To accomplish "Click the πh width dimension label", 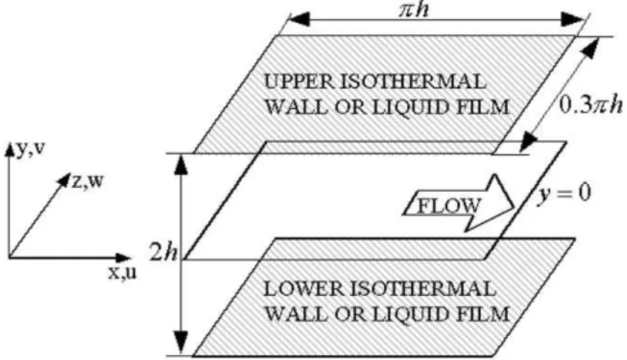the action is click(x=414, y=9).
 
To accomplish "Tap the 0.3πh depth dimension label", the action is click(x=590, y=105).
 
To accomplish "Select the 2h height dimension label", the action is click(x=163, y=252).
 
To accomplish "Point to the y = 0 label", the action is click(x=564, y=194).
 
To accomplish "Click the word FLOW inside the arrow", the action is click(x=449, y=206).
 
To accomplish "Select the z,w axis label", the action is click(x=87, y=181).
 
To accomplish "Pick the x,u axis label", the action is click(x=123, y=272).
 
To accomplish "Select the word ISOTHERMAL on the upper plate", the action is click(x=413, y=81).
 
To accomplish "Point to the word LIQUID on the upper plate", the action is click(x=404, y=107).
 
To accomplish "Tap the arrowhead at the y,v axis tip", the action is click(x=9, y=148).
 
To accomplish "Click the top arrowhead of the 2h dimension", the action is click(x=182, y=165).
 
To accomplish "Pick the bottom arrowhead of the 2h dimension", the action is click(x=182, y=343).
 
